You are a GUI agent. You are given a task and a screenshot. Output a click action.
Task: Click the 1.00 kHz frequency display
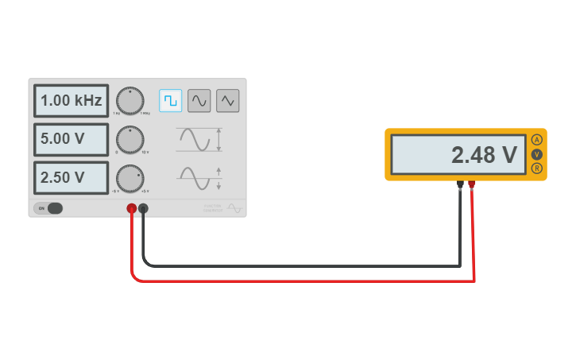coord(71,101)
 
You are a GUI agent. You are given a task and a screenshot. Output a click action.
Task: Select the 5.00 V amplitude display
coord(71,139)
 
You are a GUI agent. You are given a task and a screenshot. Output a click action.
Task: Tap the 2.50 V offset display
coord(71,177)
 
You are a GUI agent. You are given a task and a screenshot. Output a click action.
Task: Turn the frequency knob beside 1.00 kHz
coord(130,101)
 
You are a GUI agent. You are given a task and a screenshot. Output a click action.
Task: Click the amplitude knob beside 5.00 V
coord(130,140)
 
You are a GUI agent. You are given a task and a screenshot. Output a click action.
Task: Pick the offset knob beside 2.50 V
coord(130,178)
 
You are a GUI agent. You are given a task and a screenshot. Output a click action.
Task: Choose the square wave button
coord(171,100)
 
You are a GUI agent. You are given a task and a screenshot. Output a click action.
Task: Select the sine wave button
coord(199,100)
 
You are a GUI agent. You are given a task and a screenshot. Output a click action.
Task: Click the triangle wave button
coord(228,100)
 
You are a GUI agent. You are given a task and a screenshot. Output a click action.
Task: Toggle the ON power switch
coord(48,208)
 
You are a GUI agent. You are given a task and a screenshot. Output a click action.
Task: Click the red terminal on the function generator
coord(132,209)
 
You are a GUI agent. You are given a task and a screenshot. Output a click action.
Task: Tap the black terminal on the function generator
coord(143,209)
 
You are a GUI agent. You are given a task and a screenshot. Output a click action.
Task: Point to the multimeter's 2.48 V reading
coord(459,155)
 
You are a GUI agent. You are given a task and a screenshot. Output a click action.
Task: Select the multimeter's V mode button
coord(537,154)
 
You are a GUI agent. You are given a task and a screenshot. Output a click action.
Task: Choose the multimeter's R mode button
coord(537,168)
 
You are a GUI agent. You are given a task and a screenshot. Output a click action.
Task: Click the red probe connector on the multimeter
coord(472,185)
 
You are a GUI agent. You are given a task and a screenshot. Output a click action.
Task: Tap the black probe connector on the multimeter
coord(460,185)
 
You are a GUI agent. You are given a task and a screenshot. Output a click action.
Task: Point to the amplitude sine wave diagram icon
coord(199,140)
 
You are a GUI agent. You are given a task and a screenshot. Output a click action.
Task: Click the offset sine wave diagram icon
coord(199,178)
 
